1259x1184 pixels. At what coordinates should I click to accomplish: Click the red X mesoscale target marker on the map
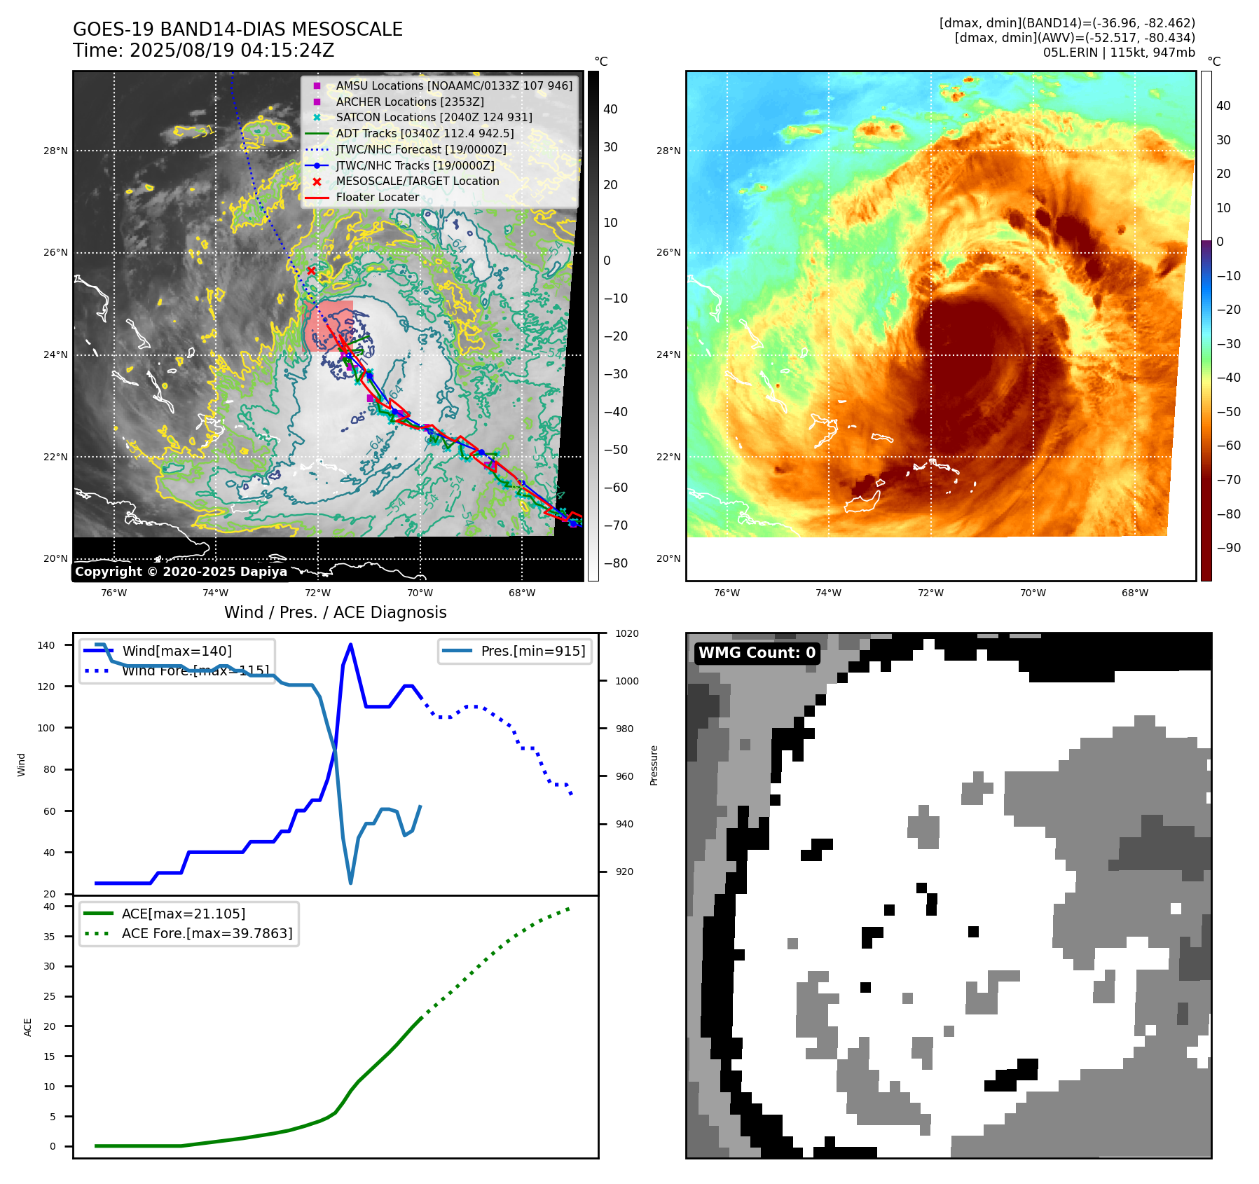coord(311,270)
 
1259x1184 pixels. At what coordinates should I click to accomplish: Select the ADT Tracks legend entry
coord(425,133)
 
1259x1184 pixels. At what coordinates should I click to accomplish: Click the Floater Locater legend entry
coord(377,197)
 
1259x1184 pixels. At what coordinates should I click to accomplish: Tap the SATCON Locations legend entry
coord(434,117)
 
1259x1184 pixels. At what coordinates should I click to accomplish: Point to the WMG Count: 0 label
coord(757,653)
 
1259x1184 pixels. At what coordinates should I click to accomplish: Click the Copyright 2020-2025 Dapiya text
coord(181,572)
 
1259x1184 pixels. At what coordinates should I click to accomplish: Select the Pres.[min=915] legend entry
coord(532,651)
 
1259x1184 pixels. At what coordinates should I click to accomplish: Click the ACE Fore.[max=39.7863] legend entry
coord(207,933)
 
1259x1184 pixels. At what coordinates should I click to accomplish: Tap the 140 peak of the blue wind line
coord(350,645)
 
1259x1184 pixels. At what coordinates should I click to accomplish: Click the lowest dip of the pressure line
coord(350,883)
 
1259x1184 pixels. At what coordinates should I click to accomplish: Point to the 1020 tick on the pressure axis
coord(626,633)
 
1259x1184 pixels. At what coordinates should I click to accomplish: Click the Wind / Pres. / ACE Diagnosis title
coord(335,612)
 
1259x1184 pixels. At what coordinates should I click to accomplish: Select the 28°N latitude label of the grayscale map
coord(55,151)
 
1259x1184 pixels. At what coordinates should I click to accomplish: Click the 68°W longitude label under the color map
coord(1134,593)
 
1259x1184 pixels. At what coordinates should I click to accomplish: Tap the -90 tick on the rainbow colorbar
coord(1228,548)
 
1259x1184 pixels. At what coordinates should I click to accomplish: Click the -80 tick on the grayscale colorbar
coord(616,563)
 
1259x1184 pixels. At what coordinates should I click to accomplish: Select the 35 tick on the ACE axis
coord(49,937)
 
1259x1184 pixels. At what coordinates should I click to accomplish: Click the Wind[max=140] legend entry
coord(177,651)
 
